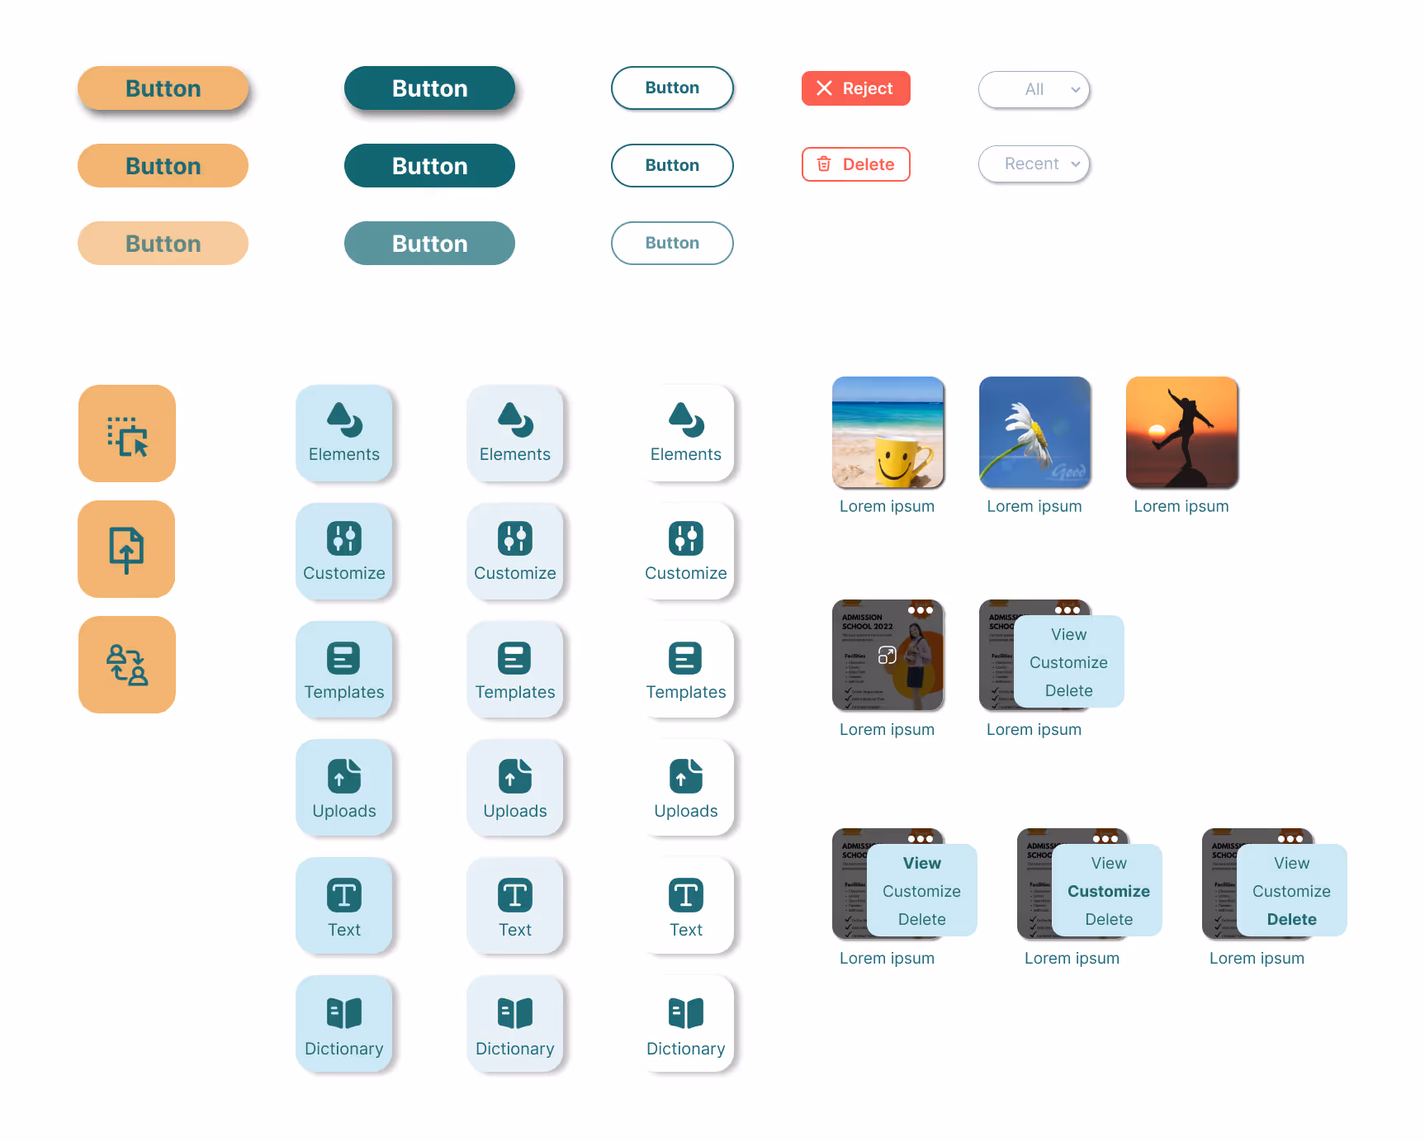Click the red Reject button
[855, 88]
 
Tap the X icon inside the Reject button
[824, 88]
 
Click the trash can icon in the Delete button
[824, 164]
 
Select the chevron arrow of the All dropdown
[1075, 89]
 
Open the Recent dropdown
[1034, 164]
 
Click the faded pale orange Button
[163, 244]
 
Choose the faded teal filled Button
[429, 244]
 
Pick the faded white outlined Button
[672, 244]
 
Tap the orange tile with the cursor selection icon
[127, 434]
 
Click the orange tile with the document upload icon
[126, 549]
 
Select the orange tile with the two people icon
[127, 665]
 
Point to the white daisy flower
[1023, 426]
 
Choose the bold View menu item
[922, 863]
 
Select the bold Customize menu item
[1109, 891]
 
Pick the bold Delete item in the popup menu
[1292, 919]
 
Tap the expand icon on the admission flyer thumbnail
[888, 655]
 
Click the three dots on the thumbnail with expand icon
[920, 610]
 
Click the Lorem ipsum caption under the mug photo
[887, 506]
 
